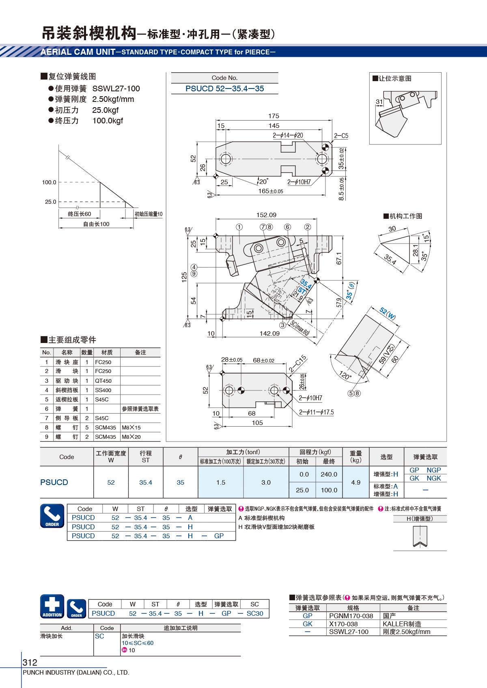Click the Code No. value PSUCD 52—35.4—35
click(x=224, y=88)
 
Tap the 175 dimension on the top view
click(x=274, y=116)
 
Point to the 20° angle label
click(x=263, y=181)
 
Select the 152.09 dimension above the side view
click(x=266, y=215)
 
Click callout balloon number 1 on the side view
click(x=239, y=227)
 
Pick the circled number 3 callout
click(x=282, y=325)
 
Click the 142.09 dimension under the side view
click(x=269, y=333)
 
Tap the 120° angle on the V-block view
click(x=345, y=375)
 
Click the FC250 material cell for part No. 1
click(x=103, y=362)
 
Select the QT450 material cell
click(x=103, y=381)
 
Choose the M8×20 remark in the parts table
click(x=131, y=437)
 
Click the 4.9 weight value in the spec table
click(x=356, y=482)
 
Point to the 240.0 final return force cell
click(x=329, y=474)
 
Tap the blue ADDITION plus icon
click(x=52, y=606)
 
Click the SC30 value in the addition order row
click(x=255, y=613)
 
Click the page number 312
click(x=30, y=662)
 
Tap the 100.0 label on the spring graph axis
click(x=49, y=182)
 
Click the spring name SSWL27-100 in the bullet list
click(x=116, y=88)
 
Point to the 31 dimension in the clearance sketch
click(x=379, y=101)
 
